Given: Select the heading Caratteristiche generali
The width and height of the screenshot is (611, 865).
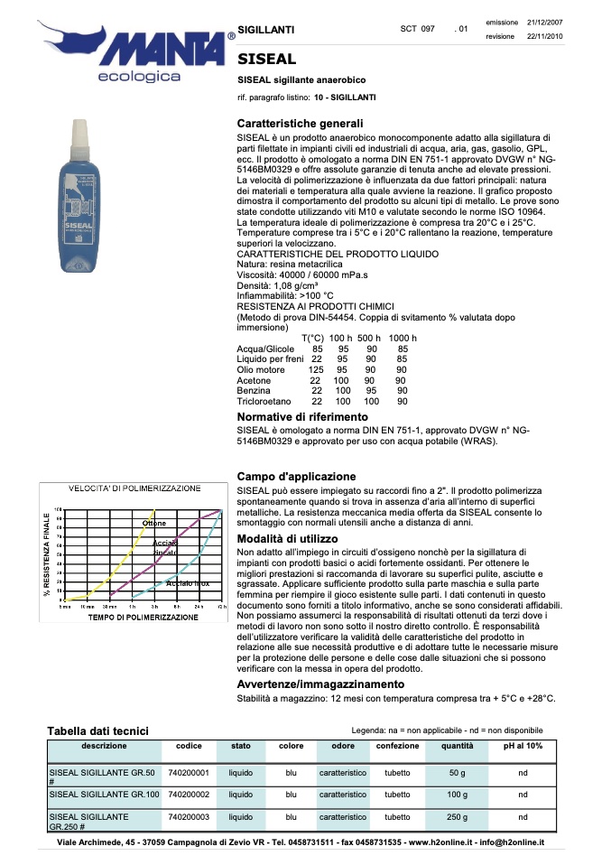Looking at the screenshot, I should pos(300,123).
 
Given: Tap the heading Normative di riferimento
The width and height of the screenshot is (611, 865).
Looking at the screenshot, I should pos(302,417).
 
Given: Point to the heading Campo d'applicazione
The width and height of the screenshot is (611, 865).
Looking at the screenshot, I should pos(296,476).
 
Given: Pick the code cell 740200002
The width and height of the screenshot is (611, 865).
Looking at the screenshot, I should pos(189,795).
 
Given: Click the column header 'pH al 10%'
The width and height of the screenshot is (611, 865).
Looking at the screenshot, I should pos(523,746).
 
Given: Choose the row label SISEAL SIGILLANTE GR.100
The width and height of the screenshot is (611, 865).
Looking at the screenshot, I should pos(104,795).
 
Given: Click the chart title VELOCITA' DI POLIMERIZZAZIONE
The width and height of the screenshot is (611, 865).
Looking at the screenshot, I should pos(135,488).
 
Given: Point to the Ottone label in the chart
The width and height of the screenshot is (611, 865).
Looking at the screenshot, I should pos(154,524).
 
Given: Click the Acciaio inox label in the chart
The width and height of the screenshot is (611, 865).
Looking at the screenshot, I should pos(188,584).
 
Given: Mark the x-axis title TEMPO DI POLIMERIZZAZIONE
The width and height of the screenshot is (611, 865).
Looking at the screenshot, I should pos(143,618).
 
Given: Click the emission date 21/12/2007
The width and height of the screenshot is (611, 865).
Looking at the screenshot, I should pos(545,22).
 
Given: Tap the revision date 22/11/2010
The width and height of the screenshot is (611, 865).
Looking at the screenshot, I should pos(545,36).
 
